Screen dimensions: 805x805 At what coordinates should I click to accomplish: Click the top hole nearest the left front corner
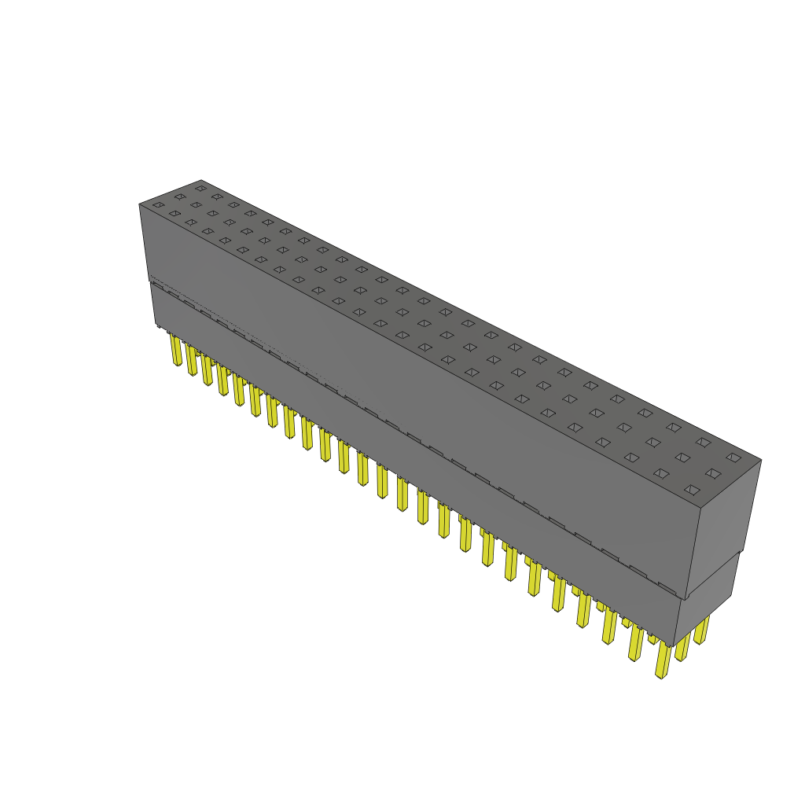pyautogui.click(x=159, y=205)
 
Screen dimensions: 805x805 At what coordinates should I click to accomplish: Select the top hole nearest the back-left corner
pyautogui.click(x=200, y=189)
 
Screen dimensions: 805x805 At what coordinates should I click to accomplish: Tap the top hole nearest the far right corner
pyautogui.click(x=733, y=458)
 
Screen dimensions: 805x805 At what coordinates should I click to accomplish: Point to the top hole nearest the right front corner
pyautogui.click(x=692, y=490)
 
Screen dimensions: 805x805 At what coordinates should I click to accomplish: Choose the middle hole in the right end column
pyautogui.click(x=713, y=473)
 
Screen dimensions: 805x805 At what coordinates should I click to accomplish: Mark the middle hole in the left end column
pyautogui.click(x=180, y=197)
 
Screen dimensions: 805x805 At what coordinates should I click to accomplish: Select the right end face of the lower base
pyautogui.click(x=706, y=601)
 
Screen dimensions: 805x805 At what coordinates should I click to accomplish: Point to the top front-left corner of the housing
pyautogui.click(x=140, y=204)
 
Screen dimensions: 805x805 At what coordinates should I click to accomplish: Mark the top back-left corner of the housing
pyautogui.click(x=201, y=180)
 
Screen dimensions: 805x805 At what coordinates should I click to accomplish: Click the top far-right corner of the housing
pyautogui.click(x=761, y=460)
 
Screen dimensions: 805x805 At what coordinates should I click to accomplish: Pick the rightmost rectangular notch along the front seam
pyautogui.click(x=667, y=587)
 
